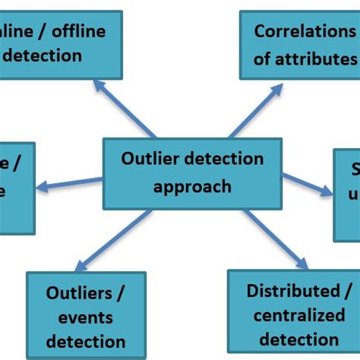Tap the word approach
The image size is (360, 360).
tap(192, 186)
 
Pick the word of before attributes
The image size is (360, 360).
tap(263, 58)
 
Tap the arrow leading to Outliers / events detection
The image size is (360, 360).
tap(125, 238)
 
